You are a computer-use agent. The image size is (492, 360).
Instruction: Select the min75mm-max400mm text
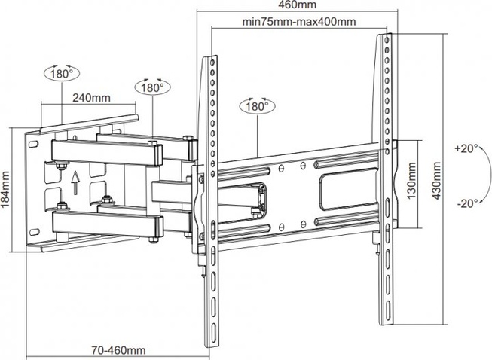coord(300,21)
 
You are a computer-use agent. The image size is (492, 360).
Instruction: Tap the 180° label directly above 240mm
coord(61,75)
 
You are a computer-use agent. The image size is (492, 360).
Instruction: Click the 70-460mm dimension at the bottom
coord(119,349)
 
